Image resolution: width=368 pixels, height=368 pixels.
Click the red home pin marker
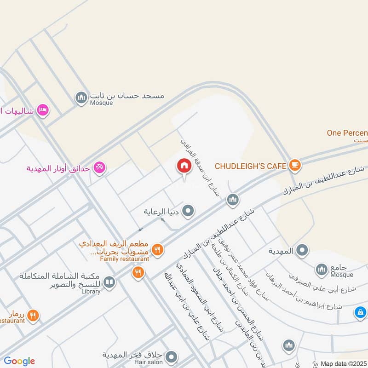click(x=184, y=166)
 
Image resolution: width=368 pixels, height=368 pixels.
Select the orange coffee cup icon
click(x=294, y=165)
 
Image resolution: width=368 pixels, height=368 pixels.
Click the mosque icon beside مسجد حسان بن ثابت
click(x=81, y=98)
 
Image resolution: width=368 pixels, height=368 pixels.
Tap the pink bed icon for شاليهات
click(x=43, y=110)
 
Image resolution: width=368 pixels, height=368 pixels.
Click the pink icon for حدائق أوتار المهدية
click(x=98, y=168)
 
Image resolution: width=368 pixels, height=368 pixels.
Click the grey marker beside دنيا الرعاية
click(x=188, y=212)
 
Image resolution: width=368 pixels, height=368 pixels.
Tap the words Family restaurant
click(x=125, y=259)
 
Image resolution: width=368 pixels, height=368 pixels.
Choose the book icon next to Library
click(x=109, y=282)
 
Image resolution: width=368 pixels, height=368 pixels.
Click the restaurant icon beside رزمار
click(x=33, y=316)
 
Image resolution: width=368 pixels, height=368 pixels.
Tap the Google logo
click(x=19, y=361)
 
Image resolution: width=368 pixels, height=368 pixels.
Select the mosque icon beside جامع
click(x=321, y=269)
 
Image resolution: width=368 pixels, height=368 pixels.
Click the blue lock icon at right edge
click(x=361, y=313)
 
